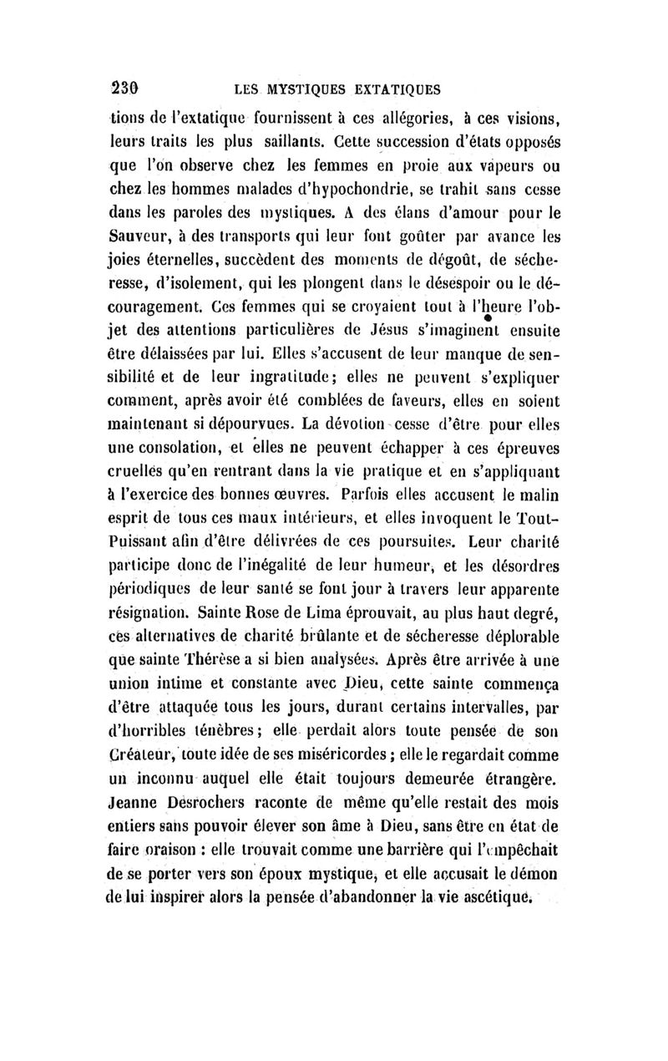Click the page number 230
coord(124,88)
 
